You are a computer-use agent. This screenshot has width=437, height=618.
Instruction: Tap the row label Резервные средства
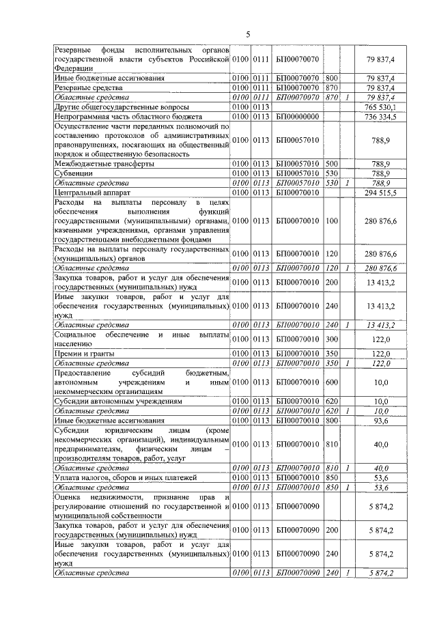(x=88, y=88)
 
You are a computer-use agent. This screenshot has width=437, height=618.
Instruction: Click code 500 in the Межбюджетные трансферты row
(x=333, y=165)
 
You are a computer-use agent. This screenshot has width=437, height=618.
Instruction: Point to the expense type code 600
(x=333, y=383)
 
